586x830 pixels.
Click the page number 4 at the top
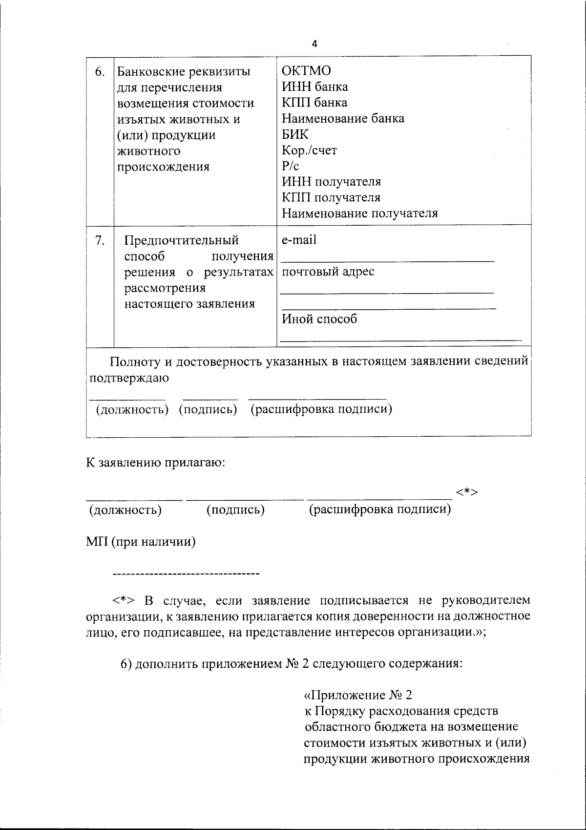pyautogui.click(x=314, y=44)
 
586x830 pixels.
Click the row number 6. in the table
pyautogui.click(x=100, y=72)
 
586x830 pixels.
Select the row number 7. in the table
pyautogui.click(x=100, y=240)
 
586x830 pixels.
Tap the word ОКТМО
pyautogui.click(x=306, y=71)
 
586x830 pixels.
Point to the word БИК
pyautogui.click(x=295, y=134)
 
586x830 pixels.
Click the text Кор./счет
pyautogui.click(x=309, y=150)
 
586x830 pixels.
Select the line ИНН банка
pyautogui.click(x=315, y=87)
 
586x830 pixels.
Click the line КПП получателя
pyautogui.click(x=331, y=198)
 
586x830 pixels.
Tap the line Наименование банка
pyautogui.click(x=343, y=118)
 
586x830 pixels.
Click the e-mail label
pyautogui.click(x=299, y=240)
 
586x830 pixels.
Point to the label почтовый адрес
pyautogui.click(x=328, y=272)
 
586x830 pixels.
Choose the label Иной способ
pyautogui.click(x=319, y=319)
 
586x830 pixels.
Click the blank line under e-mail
pyautogui.click(x=388, y=261)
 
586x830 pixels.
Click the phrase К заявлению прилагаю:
pyautogui.click(x=156, y=463)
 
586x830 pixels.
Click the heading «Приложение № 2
pyautogui.click(x=358, y=695)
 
